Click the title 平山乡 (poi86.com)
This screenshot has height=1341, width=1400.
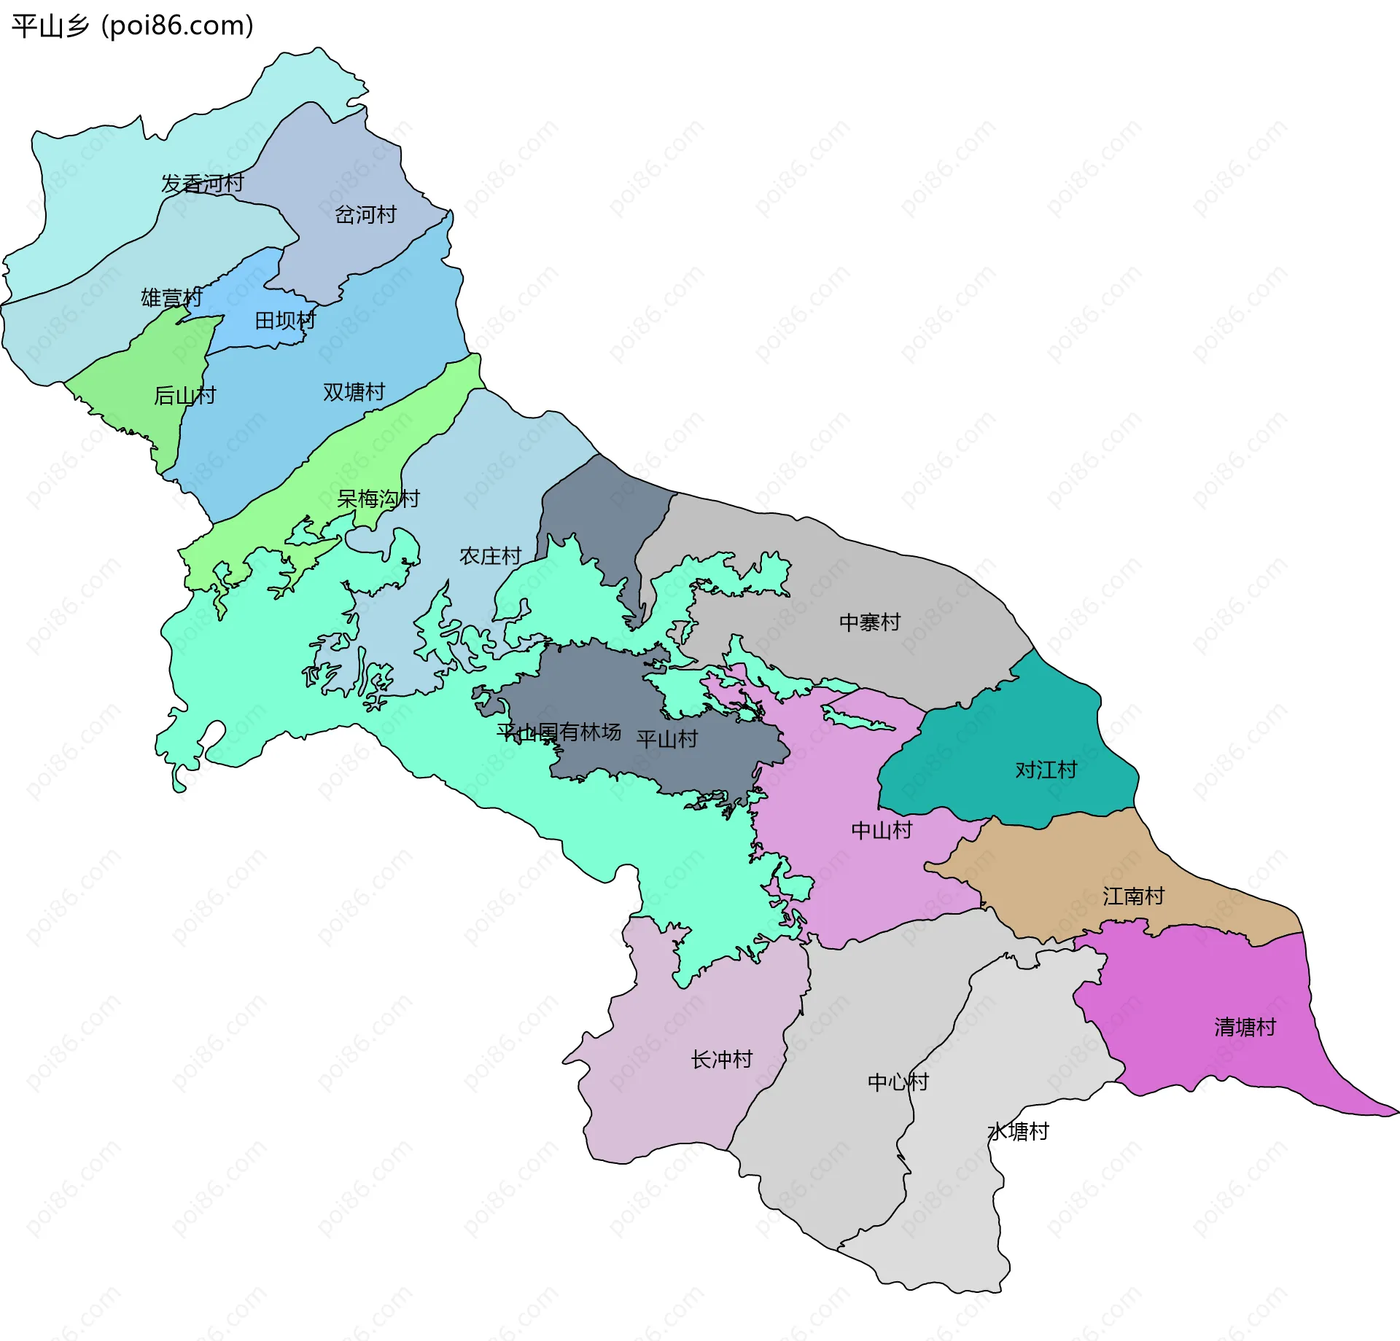133,26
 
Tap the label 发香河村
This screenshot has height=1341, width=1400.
202,183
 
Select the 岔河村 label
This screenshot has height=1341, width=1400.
365,214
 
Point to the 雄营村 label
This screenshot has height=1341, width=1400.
171,297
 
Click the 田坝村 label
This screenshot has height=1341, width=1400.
285,320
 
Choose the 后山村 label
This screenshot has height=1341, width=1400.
184,395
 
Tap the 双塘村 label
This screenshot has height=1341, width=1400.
354,391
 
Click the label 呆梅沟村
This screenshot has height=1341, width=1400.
378,499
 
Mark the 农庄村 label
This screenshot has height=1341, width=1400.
490,556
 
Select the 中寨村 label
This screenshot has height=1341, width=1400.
869,622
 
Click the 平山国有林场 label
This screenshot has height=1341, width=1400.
559,731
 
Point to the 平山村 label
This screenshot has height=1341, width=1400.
666,739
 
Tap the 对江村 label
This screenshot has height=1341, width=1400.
1046,770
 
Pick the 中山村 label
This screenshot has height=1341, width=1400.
882,829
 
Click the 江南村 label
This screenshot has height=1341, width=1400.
1133,896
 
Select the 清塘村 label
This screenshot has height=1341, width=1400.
1245,1027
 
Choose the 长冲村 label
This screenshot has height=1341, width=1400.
721,1059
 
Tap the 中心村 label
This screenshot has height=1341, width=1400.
898,1082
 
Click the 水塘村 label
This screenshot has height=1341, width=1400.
1018,1131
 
